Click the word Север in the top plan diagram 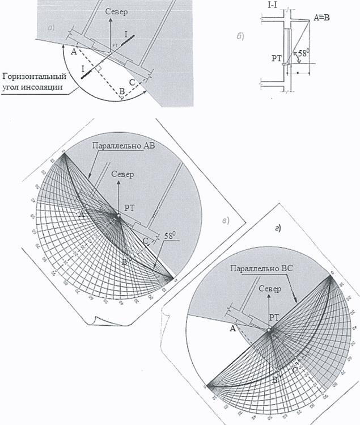pos(116,11)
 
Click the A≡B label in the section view pos(321,18)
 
